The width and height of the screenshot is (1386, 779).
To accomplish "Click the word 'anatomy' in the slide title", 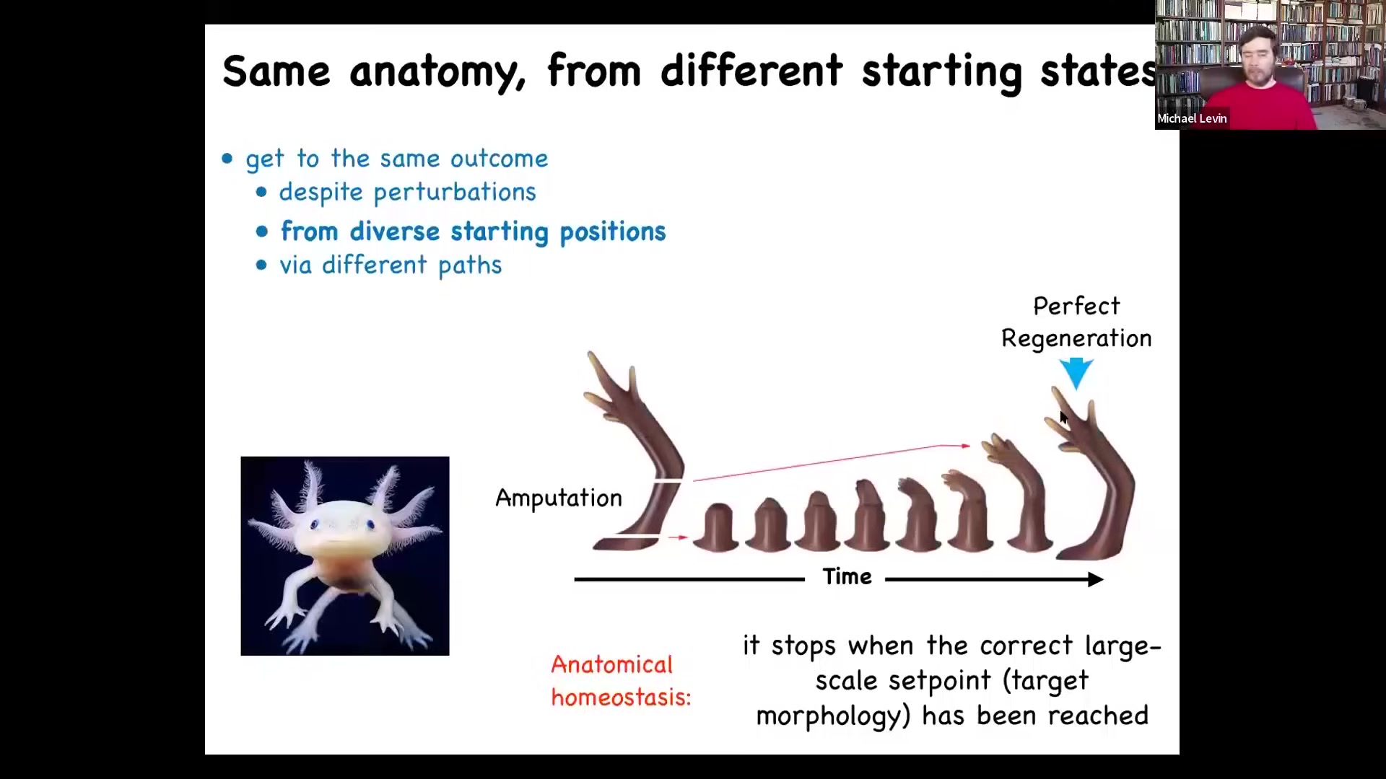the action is [x=437, y=72].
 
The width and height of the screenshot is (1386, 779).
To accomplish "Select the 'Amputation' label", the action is [x=559, y=498].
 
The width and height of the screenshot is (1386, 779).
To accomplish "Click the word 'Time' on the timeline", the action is [x=847, y=577].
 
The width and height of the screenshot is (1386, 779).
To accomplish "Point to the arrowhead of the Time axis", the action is [x=1095, y=579].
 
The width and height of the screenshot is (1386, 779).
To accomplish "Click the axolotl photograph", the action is [x=345, y=556].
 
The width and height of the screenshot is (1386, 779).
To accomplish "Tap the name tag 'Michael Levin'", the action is [x=1192, y=119].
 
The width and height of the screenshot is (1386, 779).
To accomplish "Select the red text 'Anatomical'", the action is [x=611, y=664].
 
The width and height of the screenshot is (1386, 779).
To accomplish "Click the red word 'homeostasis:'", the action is [x=621, y=697].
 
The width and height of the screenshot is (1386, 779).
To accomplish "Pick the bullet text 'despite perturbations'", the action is [x=408, y=193].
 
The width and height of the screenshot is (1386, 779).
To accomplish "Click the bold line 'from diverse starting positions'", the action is [x=474, y=232].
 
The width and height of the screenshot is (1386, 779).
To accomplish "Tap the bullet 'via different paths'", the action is [x=391, y=265].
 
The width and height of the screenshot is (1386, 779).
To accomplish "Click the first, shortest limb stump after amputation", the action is [x=716, y=529].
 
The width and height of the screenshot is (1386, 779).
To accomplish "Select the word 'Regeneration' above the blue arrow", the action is [x=1076, y=339].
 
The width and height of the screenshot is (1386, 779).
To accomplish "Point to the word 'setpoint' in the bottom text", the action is [x=939, y=681].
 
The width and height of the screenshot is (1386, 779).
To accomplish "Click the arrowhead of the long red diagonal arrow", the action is [x=966, y=446].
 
